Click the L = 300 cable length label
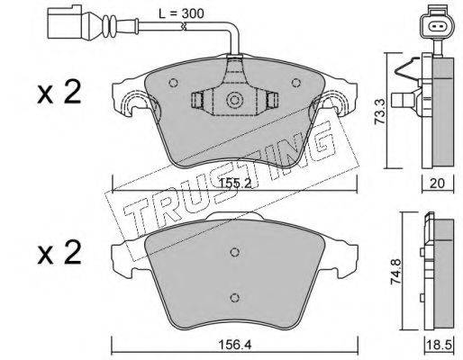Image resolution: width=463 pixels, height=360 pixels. pyautogui.click(x=181, y=13)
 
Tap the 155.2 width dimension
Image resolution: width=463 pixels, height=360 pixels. pyautogui.click(x=235, y=183)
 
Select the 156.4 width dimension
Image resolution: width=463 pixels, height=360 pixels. pyautogui.click(x=235, y=345)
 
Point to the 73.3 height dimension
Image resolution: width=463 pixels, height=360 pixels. pyautogui.click(x=381, y=112)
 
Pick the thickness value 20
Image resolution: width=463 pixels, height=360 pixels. pyautogui.click(x=437, y=183)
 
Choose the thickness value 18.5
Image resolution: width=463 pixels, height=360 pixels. pyautogui.click(x=439, y=345)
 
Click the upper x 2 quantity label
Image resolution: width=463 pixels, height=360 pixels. pyautogui.click(x=59, y=93)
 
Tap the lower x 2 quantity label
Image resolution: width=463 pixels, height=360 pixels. pyautogui.click(x=59, y=254)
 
